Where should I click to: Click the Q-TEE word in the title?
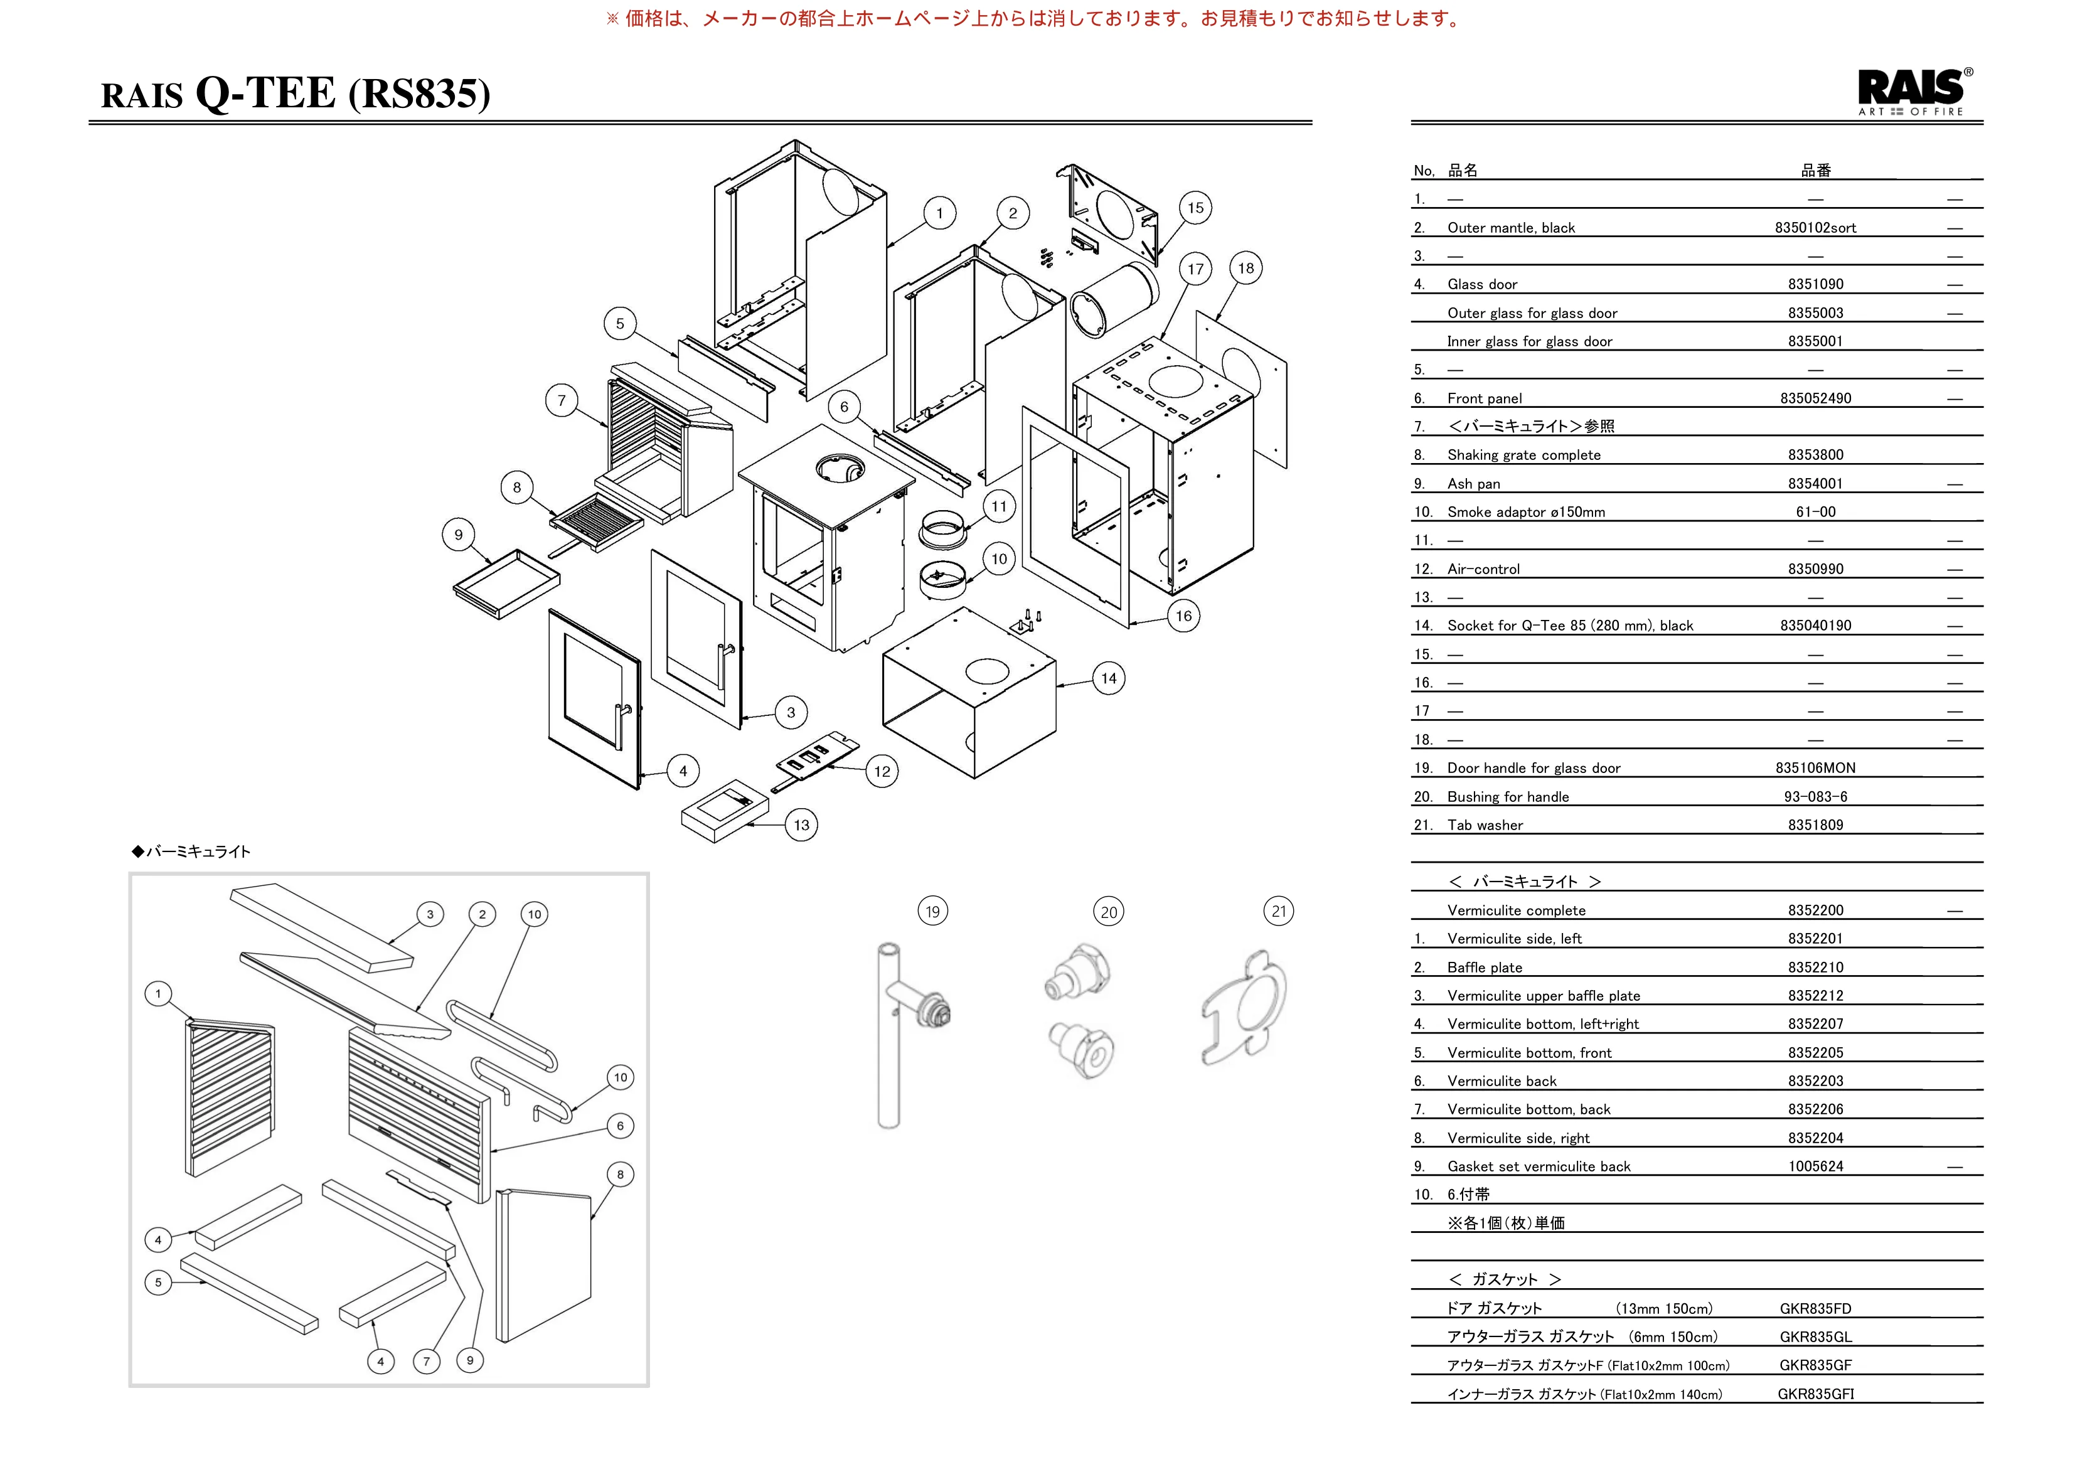(265, 93)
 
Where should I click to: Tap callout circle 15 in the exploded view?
(1196, 208)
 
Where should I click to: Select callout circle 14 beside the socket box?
(1109, 679)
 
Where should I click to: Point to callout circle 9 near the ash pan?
(458, 535)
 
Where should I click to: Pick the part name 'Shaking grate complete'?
(1523, 455)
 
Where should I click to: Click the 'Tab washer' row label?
(1485, 824)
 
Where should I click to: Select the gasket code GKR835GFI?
(1816, 1394)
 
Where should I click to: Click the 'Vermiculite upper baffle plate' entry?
(1544, 995)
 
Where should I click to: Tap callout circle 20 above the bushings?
(1109, 912)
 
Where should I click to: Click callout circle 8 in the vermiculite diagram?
(620, 1174)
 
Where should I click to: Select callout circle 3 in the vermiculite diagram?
(430, 914)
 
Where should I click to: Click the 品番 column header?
(1816, 170)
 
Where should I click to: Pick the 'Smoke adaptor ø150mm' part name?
(1527, 511)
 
